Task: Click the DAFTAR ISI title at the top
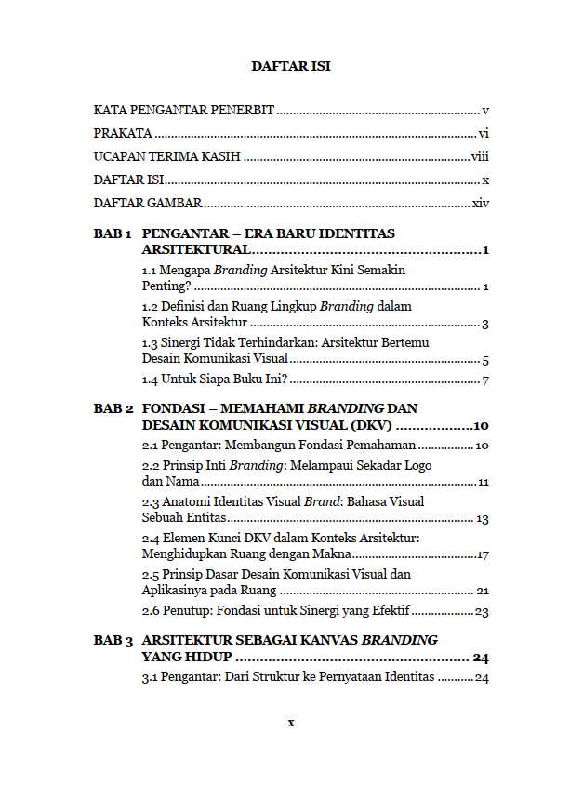[x=291, y=67]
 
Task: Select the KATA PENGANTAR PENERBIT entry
[x=184, y=110]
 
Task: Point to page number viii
[x=480, y=156]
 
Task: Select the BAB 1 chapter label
[x=113, y=233]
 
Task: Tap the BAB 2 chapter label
[x=113, y=408]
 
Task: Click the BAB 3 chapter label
[x=113, y=641]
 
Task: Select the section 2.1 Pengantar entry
[x=278, y=446]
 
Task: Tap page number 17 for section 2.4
[x=483, y=555]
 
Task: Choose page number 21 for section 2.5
[x=483, y=591]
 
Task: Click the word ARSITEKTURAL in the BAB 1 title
[x=195, y=250]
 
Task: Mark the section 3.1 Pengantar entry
[x=288, y=677]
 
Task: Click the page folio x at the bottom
[x=291, y=723]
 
